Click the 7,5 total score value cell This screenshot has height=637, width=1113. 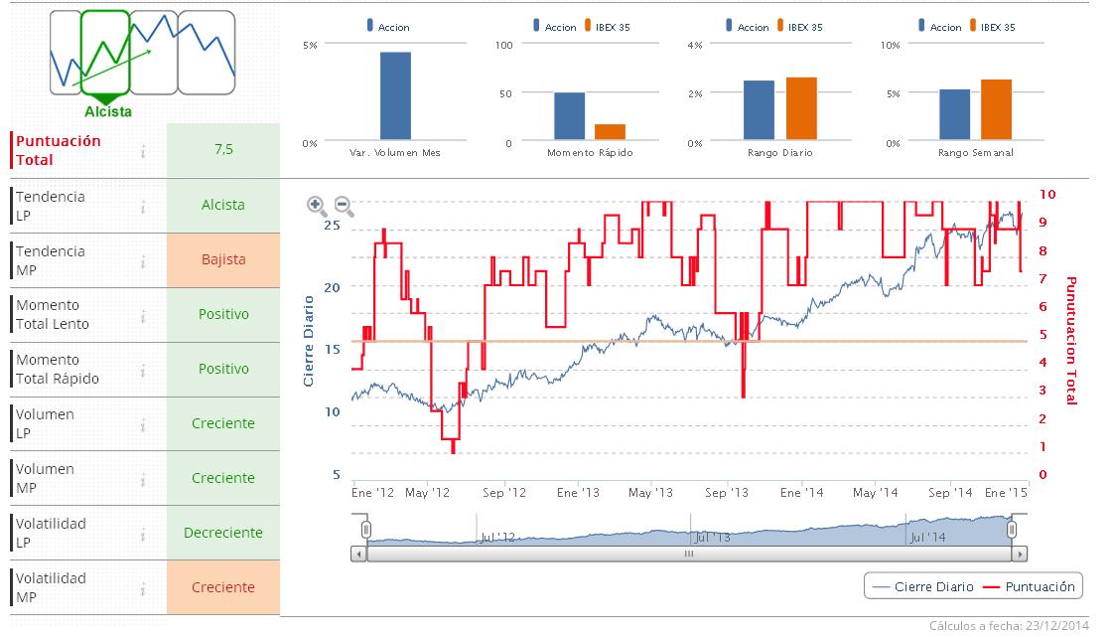pos(223,150)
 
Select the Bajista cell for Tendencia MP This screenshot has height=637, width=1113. pos(223,259)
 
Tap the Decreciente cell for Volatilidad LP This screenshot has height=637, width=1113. pos(223,533)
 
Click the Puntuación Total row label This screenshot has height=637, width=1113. pos(59,150)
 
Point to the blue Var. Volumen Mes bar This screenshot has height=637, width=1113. pos(395,95)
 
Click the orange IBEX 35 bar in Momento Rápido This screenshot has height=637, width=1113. pos(610,131)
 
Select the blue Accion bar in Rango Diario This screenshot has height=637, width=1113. pos(759,109)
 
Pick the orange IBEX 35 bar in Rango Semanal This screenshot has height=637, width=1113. pos(995,109)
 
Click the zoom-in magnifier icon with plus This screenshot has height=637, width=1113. pos(317,206)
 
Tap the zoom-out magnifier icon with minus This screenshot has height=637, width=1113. pos(344,206)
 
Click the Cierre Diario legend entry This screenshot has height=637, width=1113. pos(922,587)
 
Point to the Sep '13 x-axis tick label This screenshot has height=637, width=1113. pos(728,493)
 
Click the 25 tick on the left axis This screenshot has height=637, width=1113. pos(332,225)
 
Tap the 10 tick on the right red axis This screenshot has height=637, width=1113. pos(1046,195)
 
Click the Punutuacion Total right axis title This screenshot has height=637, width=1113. pos(1071,340)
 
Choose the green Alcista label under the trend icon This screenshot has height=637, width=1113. pos(108,112)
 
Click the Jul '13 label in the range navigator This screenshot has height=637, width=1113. pos(712,538)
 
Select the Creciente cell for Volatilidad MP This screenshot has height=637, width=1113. pos(223,587)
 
